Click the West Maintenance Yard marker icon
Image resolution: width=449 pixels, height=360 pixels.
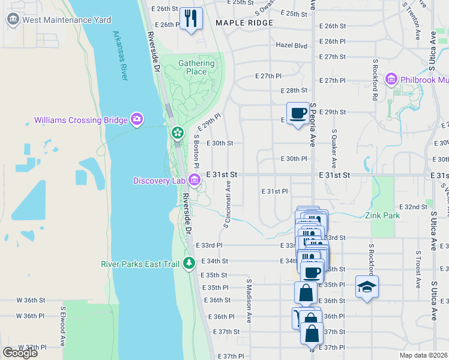13,20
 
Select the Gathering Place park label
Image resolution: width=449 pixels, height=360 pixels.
196,67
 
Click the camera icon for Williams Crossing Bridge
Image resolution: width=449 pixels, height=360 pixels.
137,120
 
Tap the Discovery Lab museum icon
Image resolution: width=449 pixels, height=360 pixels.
194,180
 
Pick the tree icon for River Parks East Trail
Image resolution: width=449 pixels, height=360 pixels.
189,263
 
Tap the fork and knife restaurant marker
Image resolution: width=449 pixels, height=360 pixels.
191,18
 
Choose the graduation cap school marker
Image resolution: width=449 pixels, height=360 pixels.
367,287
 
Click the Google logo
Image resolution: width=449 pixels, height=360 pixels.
20,353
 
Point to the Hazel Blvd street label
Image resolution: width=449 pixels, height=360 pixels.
291,45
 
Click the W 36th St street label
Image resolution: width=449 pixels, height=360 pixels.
31,300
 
